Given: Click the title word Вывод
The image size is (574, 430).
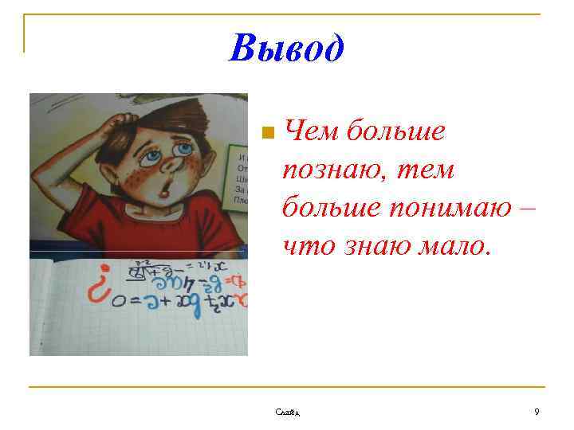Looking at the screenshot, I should (x=286, y=49).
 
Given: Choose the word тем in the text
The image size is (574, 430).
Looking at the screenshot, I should (x=429, y=170).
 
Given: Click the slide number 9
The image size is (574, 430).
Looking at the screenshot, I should (x=537, y=412).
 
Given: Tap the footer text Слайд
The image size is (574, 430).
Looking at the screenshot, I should (x=287, y=412).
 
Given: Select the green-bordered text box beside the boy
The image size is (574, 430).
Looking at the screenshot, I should (x=238, y=175).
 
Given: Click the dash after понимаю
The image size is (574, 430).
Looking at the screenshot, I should (x=527, y=208).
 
